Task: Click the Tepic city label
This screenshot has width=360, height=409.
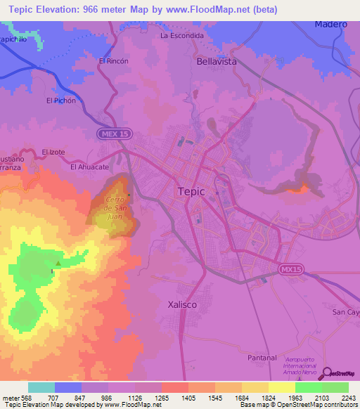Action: (191, 191)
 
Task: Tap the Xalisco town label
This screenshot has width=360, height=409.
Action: (185, 304)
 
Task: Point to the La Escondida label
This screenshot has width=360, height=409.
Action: (182, 35)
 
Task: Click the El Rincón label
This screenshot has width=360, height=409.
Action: (113, 61)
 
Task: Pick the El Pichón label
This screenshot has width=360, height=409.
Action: (60, 100)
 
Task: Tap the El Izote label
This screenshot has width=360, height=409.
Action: (53, 151)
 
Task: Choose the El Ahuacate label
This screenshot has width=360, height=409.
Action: (89, 167)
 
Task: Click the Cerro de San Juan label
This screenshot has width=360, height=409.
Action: (115, 208)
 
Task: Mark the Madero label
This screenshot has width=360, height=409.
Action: (331, 24)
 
